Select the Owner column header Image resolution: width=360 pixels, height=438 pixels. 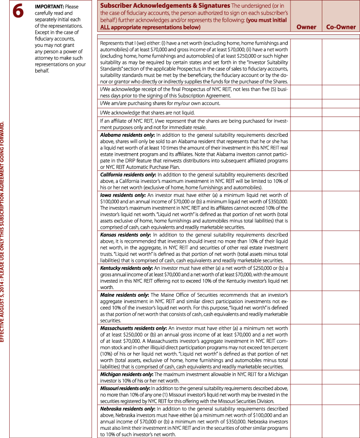click(x=306, y=27)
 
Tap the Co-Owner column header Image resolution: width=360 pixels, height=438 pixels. click(x=341, y=27)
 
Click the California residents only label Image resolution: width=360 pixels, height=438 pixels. click(x=128, y=174)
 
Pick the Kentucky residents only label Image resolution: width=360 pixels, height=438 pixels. click(x=126, y=267)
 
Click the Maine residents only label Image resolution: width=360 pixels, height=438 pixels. click(x=123, y=294)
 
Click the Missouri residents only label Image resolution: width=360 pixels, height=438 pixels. click(x=125, y=388)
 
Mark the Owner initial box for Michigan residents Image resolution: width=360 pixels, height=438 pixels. click(x=306, y=377)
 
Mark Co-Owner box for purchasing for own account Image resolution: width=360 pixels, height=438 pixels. click(x=341, y=103)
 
